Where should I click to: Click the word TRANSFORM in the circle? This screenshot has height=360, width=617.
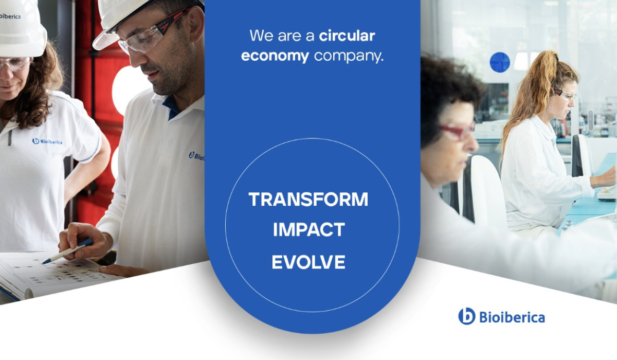click(x=308, y=199)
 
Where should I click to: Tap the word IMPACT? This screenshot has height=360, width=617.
click(x=309, y=229)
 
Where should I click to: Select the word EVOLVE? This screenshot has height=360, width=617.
click(x=308, y=262)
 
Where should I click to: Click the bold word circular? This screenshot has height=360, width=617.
click(x=347, y=36)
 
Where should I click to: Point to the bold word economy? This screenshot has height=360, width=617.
click(x=275, y=57)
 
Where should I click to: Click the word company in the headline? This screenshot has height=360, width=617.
click(x=349, y=57)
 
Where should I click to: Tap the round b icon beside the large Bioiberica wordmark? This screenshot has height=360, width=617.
click(x=467, y=316)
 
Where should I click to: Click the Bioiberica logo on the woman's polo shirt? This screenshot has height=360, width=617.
click(x=47, y=141)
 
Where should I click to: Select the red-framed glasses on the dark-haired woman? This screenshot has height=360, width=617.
click(x=457, y=131)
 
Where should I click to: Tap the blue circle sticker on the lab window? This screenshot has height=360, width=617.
click(x=500, y=62)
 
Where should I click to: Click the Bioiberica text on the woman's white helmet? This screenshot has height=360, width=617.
click(x=10, y=16)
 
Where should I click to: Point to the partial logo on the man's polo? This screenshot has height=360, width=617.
click(x=196, y=156)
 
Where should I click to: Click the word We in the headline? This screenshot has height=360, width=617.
click(x=262, y=36)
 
